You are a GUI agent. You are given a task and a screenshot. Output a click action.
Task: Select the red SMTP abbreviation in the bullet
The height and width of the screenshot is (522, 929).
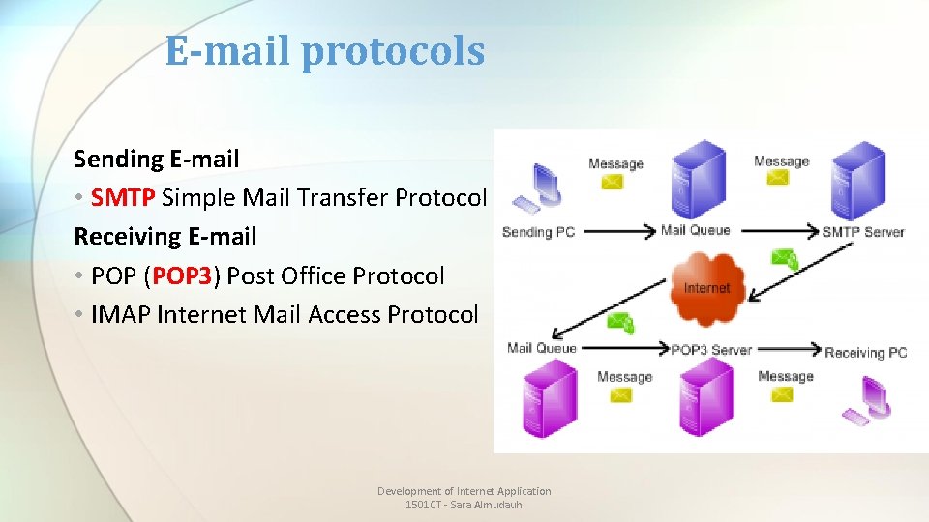[123, 198]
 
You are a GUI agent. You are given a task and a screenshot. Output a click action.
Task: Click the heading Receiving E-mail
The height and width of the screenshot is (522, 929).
[165, 237]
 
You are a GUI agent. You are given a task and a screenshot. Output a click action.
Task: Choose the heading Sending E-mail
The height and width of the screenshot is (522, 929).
[156, 159]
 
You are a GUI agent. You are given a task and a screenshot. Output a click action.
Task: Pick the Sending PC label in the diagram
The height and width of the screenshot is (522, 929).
[539, 232]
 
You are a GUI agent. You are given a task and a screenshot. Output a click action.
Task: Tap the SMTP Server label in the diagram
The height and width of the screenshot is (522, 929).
[863, 232]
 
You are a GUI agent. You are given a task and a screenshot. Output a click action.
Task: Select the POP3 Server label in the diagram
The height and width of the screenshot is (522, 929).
[711, 350]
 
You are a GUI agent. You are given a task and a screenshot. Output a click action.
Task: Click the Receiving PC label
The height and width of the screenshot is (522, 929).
[866, 353]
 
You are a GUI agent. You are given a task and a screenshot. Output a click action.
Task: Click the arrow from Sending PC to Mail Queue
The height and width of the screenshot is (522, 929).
[618, 232]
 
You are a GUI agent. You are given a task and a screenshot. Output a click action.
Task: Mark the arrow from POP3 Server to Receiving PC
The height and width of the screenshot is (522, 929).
[789, 350]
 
